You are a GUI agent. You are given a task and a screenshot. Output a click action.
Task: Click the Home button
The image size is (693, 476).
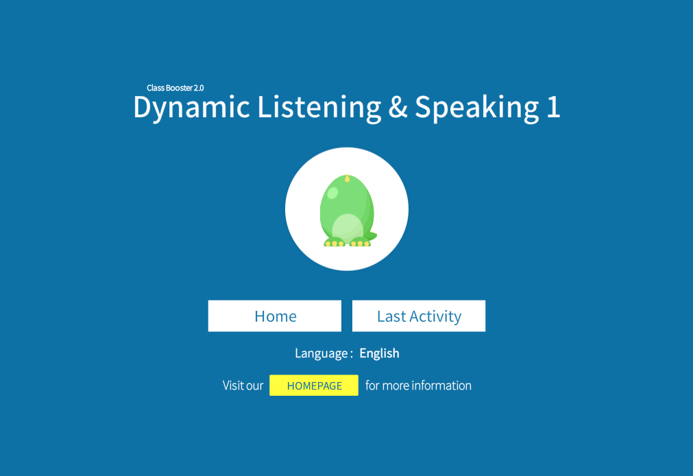pos(274,316)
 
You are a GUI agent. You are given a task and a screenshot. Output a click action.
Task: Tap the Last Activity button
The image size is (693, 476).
pos(419,316)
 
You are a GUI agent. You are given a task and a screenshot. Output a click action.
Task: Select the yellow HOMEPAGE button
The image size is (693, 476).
pos(314,385)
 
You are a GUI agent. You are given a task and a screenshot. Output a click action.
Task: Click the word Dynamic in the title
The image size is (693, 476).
pos(192,108)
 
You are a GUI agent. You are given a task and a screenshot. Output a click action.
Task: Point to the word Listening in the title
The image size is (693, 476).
pos(319,108)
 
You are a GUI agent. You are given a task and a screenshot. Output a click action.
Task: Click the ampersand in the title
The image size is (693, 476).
pos(398,108)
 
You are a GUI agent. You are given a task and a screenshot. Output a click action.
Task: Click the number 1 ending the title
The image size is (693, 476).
pos(553,107)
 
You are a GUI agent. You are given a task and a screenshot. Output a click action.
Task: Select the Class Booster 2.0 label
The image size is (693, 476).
pos(175,88)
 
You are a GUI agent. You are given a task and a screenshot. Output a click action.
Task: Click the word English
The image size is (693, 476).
pos(379,353)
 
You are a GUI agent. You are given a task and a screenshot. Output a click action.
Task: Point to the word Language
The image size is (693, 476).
pos(321,353)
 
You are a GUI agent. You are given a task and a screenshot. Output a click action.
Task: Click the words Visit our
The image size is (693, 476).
pos(243,385)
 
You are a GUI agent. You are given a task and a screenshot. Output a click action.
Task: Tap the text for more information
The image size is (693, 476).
pos(418,385)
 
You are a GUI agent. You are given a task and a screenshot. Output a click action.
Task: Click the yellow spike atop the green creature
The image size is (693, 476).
pos(347,178)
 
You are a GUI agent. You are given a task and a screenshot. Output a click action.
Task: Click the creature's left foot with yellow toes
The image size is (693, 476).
pos(334,242)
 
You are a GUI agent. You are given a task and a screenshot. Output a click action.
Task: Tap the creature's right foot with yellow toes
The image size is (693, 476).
pos(360,242)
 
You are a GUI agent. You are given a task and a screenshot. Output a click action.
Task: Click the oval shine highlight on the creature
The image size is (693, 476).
pos(332,193)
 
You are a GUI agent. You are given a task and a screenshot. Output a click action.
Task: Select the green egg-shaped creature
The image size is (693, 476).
pos(348,211)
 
